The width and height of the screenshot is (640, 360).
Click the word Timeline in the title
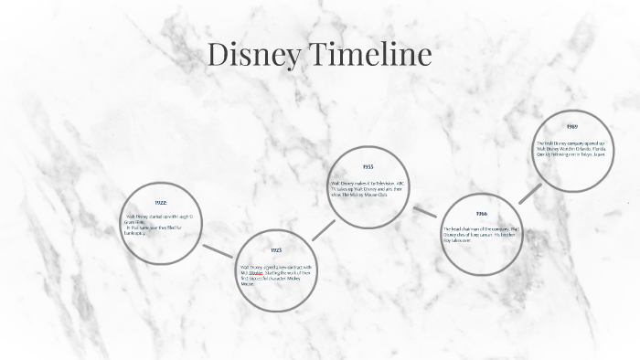click(x=372, y=55)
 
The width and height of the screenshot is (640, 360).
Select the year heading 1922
click(x=160, y=202)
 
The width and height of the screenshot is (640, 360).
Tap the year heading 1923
click(x=275, y=249)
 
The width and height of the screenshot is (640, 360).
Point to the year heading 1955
click(x=368, y=167)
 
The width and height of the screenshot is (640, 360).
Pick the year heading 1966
click(x=481, y=214)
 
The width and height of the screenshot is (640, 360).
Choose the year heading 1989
click(x=571, y=126)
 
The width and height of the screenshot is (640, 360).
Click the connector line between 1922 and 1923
click(x=218, y=249)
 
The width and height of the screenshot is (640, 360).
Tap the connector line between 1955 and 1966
click(x=424, y=211)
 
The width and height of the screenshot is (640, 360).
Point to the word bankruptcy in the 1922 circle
click(x=135, y=233)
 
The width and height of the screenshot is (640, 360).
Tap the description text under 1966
click(x=481, y=234)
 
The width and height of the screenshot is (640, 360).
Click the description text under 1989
click(x=571, y=149)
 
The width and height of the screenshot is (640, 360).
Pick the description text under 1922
click(x=160, y=225)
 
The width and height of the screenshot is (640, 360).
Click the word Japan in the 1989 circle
click(x=600, y=154)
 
